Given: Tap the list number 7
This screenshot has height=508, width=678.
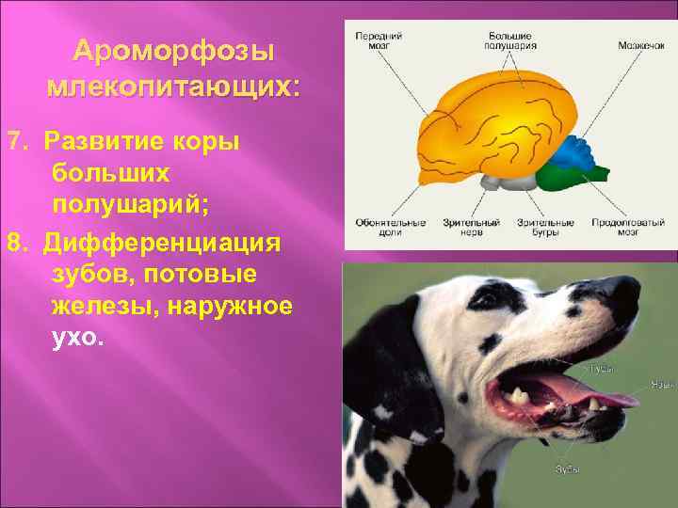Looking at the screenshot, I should pyautogui.click(x=13, y=141).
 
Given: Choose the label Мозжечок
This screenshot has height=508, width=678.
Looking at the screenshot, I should pyautogui.click(x=640, y=44).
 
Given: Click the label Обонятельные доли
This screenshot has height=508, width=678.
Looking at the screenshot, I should pyautogui.click(x=379, y=227).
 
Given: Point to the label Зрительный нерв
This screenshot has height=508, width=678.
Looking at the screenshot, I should pyautogui.click(x=460, y=227).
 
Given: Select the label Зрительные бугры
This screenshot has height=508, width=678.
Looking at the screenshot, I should pyautogui.click(x=545, y=227).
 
